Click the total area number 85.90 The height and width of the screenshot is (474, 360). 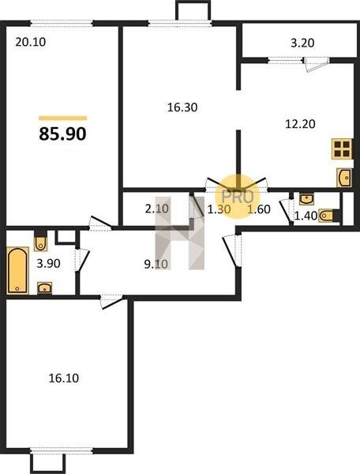[x=62, y=134]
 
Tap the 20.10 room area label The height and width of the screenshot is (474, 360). [x=31, y=42]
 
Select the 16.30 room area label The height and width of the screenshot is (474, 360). [x=182, y=107]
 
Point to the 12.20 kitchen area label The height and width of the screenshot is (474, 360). [x=300, y=124]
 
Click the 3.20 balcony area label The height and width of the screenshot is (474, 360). [x=302, y=43]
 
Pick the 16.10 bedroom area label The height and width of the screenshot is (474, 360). [x=64, y=378]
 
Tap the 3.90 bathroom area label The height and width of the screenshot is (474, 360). [x=48, y=264]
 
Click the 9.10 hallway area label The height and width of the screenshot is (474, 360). [x=156, y=264]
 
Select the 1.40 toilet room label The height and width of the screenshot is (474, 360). [x=306, y=216]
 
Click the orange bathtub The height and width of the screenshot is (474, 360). [x=17, y=270]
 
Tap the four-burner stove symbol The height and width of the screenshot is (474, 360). [x=342, y=149]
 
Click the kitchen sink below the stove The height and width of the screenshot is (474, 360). [x=344, y=178]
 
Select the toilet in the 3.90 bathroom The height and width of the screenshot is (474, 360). [x=40, y=241]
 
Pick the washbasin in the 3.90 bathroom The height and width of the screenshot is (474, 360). [x=44, y=288]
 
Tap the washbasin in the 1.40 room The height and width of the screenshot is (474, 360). [x=306, y=199]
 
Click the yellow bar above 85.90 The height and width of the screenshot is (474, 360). [x=63, y=118]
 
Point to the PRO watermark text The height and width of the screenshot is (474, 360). [x=238, y=197]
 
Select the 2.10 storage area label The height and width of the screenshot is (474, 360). [x=156, y=209]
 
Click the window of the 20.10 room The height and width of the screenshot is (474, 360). [x=62, y=23]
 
